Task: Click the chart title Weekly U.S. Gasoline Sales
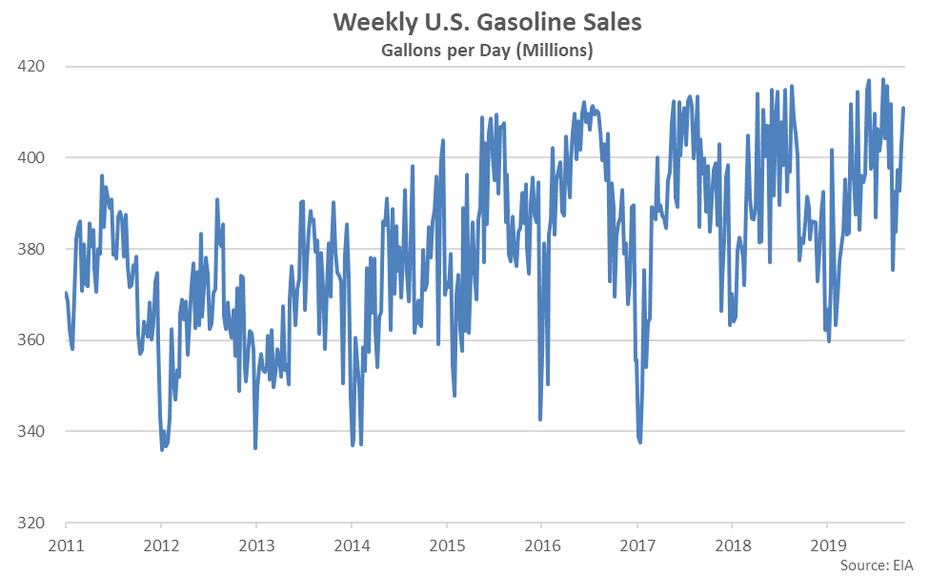[x=464, y=22]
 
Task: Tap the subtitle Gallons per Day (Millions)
[x=464, y=51]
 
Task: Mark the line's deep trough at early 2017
[x=639, y=442]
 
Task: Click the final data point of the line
[x=903, y=108]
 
